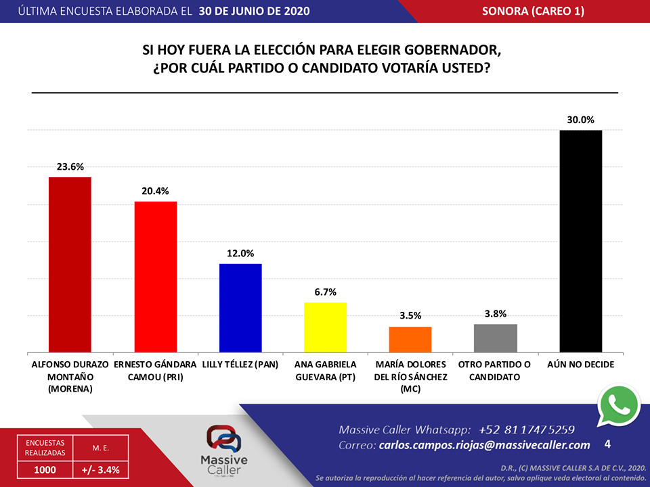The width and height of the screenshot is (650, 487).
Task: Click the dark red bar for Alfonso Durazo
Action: coord(70,264)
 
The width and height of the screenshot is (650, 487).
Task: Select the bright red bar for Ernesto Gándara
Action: coord(155,277)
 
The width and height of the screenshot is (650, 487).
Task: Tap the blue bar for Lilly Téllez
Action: coord(240,308)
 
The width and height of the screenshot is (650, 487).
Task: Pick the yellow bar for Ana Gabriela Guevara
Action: coord(325,327)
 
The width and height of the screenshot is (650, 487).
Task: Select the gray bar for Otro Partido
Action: coord(496,338)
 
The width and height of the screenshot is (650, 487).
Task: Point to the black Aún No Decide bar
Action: coord(581,241)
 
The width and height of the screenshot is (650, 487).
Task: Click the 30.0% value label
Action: coord(581,120)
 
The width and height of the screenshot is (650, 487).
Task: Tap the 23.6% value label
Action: coord(70,167)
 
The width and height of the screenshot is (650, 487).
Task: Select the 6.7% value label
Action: coord(325,292)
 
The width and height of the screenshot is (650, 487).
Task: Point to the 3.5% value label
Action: coord(410,316)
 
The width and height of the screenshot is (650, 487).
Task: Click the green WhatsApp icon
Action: coord(618,405)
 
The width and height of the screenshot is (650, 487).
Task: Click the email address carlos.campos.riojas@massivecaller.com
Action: coord(484,445)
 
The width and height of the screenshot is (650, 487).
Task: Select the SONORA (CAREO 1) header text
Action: coord(533,11)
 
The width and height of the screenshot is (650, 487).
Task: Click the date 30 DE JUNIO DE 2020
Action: coord(254,11)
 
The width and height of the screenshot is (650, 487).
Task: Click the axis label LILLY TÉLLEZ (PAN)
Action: coord(240,365)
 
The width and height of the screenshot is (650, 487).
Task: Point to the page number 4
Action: coord(607,444)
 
